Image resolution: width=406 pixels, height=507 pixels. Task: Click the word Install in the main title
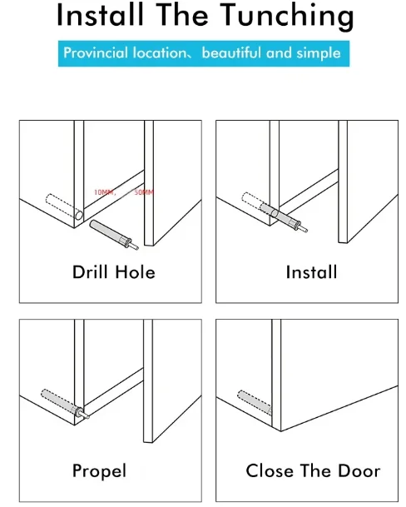coord(100,14)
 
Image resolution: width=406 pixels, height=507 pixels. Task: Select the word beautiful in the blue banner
coord(232,52)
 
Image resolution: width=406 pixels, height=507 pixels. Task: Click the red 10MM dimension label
coord(104,192)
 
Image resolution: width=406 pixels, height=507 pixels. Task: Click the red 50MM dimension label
coord(144,192)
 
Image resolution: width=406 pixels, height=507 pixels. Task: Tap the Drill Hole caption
coord(114,272)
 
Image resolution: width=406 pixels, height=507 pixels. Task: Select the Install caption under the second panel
coord(312,272)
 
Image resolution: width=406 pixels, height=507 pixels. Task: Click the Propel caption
coord(99,471)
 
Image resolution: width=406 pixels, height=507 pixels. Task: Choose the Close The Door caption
coord(313,471)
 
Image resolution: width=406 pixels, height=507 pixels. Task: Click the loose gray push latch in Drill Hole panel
coord(114,235)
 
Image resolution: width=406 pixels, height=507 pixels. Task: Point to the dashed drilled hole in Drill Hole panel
coord(64,207)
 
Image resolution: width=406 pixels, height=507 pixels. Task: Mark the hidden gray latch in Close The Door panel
coord(255,403)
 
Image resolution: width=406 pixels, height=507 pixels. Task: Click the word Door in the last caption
coord(359,471)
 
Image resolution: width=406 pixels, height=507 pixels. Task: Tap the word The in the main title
coord(183,14)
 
